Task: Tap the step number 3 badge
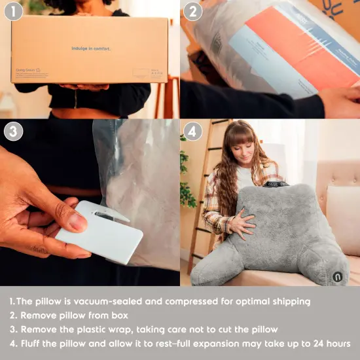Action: point(14,132)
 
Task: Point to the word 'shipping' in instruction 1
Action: point(290,302)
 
